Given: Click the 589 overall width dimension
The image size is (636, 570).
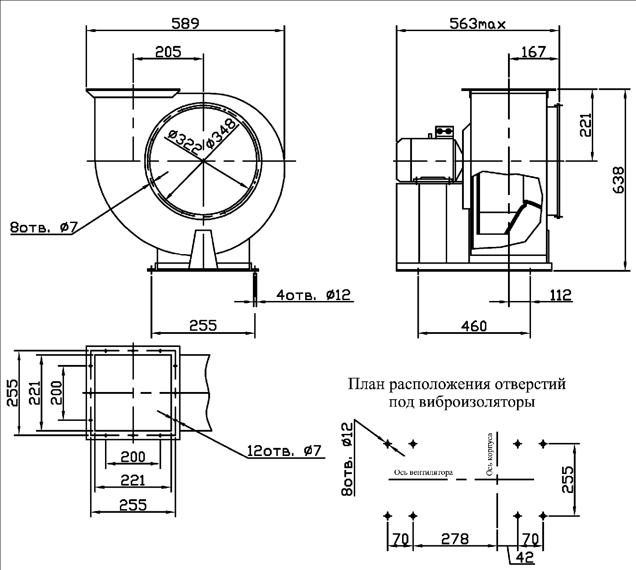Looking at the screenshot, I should pyautogui.click(x=185, y=23).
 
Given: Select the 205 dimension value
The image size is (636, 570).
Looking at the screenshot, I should pyautogui.click(x=168, y=52).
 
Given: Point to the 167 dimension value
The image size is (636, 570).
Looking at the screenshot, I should pyautogui.click(x=533, y=52).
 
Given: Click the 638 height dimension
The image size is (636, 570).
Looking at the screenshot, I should pyautogui.click(x=619, y=180).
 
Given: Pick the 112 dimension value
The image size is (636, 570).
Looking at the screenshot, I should pyautogui.click(x=561, y=295).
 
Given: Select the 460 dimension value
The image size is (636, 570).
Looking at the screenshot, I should pyautogui.click(x=474, y=326).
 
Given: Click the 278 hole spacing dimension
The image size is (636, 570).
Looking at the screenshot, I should pyautogui.click(x=455, y=539).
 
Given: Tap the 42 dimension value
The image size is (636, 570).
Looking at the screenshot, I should pyautogui.click(x=525, y=557).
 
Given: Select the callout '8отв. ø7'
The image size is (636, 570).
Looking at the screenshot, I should pyautogui.click(x=44, y=228).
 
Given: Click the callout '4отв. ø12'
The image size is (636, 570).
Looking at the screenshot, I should pyautogui.click(x=314, y=295).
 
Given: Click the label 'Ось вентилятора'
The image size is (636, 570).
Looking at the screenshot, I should pyautogui.click(x=423, y=473).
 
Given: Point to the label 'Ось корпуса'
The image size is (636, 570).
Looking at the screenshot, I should pyautogui.click(x=490, y=455).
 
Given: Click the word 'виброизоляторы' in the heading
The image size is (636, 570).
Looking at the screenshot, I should pyautogui.click(x=477, y=402).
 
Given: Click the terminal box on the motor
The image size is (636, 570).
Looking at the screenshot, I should pyautogui.click(x=444, y=131).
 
